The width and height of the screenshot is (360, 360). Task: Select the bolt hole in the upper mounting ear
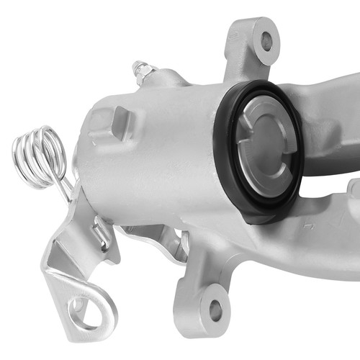point(266,41)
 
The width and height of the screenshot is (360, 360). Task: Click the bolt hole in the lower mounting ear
point(215,311)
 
